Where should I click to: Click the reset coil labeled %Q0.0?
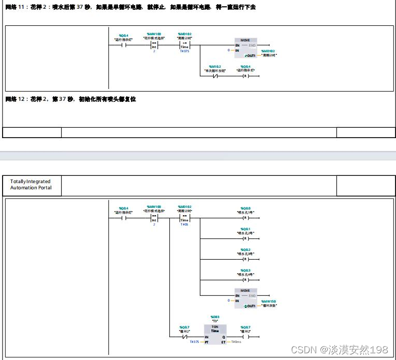[x=245, y=218]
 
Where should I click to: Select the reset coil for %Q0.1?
[x=245, y=238]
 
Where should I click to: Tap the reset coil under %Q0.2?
[x=245, y=258]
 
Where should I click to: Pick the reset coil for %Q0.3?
[x=245, y=279]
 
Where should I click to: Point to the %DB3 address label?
[x=215, y=317]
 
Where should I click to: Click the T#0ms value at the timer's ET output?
[x=236, y=342]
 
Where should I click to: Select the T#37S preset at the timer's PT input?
[x=194, y=342]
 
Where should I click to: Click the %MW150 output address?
[x=269, y=301]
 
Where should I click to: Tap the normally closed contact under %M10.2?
[x=215, y=76]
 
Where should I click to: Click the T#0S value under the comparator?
[x=184, y=224]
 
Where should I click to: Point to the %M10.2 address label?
[x=215, y=66]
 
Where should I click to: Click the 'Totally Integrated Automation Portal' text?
[x=31, y=185]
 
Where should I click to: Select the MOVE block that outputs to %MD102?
[x=245, y=47]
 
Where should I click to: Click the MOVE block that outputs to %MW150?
[x=245, y=297]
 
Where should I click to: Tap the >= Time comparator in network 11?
[x=184, y=45]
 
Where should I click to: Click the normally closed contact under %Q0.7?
[x=184, y=336]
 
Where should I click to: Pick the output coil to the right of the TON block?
[x=245, y=336]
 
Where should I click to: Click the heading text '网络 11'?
[x=15, y=7]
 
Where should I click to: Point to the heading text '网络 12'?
[x=15, y=99]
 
